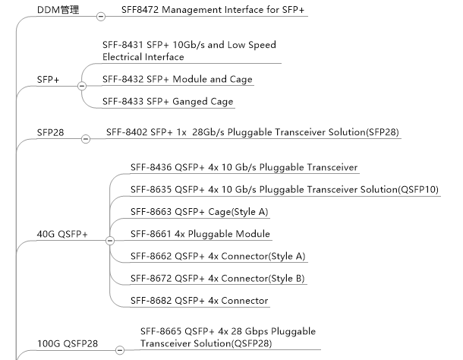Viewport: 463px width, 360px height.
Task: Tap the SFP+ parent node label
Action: tap(49, 80)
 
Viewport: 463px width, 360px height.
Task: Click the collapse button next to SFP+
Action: tap(82, 86)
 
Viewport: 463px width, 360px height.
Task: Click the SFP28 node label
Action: tap(51, 133)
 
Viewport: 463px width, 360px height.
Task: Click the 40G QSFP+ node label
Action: tap(62, 234)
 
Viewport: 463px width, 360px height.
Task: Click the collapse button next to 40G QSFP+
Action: tap(109, 240)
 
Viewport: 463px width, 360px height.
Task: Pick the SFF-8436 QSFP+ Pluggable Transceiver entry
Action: tap(244, 167)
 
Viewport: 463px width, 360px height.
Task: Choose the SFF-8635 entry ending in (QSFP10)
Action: tap(284, 189)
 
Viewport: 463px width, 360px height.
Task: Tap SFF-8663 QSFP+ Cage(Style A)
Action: tap(199, 211)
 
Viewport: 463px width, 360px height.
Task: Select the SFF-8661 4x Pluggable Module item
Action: tap(200, 234)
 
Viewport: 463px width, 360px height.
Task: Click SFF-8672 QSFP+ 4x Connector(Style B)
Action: tap(217, 279)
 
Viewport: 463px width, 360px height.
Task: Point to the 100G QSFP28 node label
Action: tap(68, 343)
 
